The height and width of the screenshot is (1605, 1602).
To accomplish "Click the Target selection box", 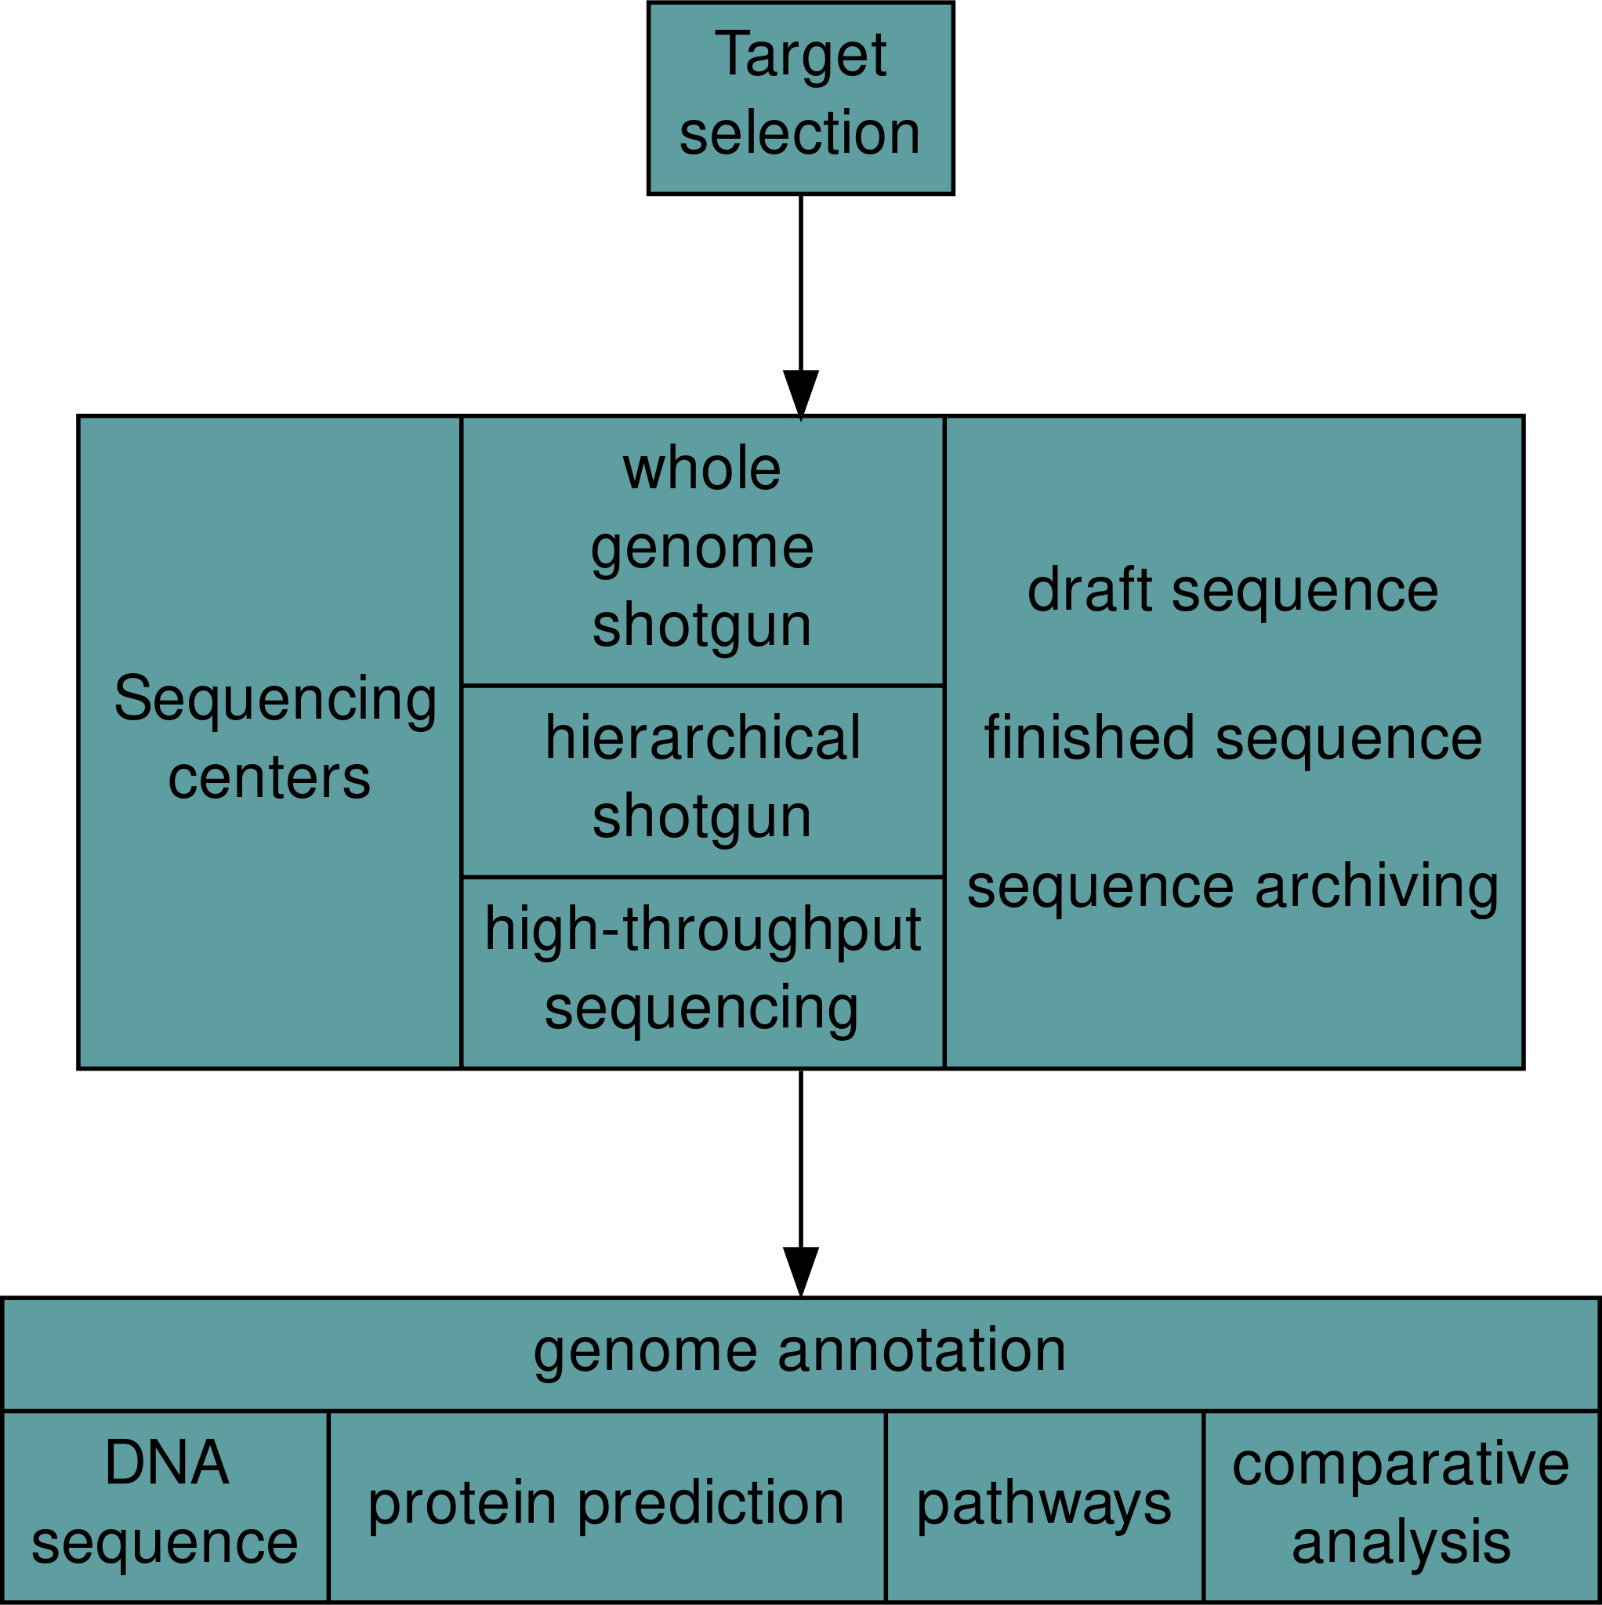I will click(x=800, y=98).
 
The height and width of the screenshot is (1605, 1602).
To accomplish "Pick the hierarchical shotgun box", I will click(x=702, y=781).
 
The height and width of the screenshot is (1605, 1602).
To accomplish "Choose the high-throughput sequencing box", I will click(x=702, y=971).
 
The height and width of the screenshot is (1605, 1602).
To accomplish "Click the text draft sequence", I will click(x=1232, y=591).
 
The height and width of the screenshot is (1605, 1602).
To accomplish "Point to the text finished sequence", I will click(x=1232, y=738).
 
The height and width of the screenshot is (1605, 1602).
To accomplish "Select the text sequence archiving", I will click(x=1232, y=887).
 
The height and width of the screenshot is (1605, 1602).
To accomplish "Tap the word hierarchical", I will click(x=702, y=738).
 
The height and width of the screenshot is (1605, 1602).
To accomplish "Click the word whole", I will click(x=702, y=469).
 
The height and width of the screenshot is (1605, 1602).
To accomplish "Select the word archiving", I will click(x=1377, y=887).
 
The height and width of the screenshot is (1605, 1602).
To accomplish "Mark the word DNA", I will click(x=166, y=1464).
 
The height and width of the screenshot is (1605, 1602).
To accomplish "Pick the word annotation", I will click(x=922, y=1351).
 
